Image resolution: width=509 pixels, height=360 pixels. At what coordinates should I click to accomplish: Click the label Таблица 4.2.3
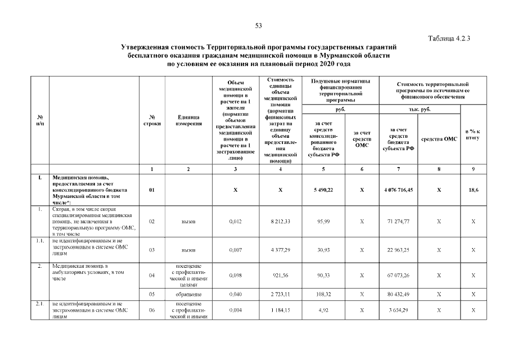[x=449, y=38]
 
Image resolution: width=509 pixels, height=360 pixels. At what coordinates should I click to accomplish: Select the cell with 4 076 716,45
[x=398, y=190]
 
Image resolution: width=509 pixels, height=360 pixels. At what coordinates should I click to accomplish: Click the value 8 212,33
[x=280, y=222]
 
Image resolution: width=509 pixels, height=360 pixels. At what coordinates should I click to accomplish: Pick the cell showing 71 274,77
[x=398, y=222]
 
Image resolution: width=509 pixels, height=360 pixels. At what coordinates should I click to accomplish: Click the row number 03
[x=152, y=249]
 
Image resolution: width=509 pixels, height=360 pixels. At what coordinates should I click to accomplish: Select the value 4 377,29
[x=280, y=249]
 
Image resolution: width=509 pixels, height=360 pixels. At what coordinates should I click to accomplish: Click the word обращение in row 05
[x=188, y=294]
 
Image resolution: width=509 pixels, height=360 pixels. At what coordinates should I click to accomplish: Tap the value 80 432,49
[x=398, y=294]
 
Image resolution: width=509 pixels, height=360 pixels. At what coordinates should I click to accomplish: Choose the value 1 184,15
[x=280, y=310]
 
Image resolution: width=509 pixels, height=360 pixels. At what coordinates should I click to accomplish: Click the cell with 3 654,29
[x=398, y=310]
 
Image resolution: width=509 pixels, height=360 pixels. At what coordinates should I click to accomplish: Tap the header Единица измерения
[x=188, y=120]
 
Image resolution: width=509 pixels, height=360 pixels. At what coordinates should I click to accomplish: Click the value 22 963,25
[x=398, y=249]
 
